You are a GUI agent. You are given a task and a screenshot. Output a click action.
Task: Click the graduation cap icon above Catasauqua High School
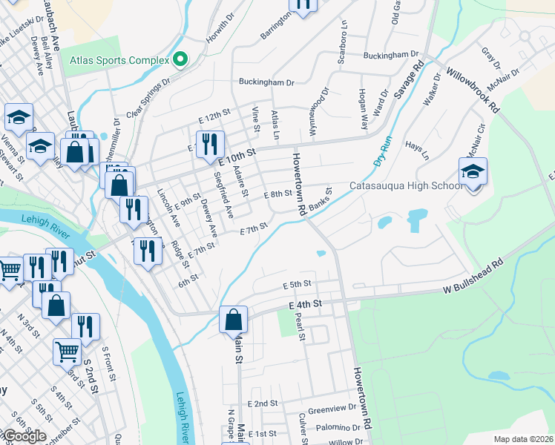tap(473, 173)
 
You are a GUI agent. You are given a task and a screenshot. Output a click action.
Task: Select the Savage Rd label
tap(410, 81)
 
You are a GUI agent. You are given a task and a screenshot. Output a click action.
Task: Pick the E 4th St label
tap(305, 304)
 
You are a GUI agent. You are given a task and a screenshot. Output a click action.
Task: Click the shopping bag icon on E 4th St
tap(233, 320)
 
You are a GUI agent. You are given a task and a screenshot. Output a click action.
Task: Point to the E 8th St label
tap(278, 194)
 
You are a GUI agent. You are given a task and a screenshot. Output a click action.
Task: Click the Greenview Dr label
tap(332, 409)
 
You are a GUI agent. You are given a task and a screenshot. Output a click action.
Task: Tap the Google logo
tap(24, 436)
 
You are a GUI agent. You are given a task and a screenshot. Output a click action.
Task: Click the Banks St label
tap(320, 199)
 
